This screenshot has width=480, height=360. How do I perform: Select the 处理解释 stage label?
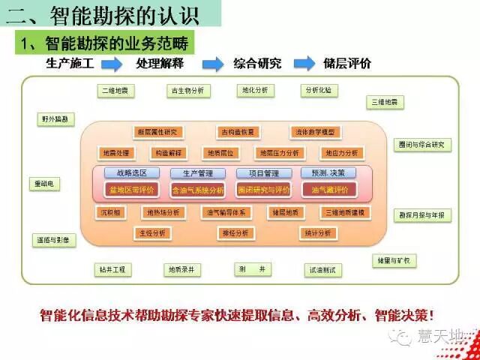[x=160, y=64]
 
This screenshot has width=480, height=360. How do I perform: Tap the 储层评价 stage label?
[x=346, y=64]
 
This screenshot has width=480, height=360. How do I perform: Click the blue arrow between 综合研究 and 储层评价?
[x=304, y=64]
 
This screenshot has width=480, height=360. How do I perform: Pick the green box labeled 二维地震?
[x=115, y=91]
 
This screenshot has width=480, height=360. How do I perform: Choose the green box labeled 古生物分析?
[x=188, y=91]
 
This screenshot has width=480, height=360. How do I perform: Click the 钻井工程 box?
[x=112, y=268]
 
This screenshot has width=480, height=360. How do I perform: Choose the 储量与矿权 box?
[x=394, y=260]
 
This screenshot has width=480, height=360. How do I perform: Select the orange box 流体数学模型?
[x=313, y=132]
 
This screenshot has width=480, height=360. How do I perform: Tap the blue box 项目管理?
[x=263, y=173]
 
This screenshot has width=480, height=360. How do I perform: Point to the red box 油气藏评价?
[x=324, y=190]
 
